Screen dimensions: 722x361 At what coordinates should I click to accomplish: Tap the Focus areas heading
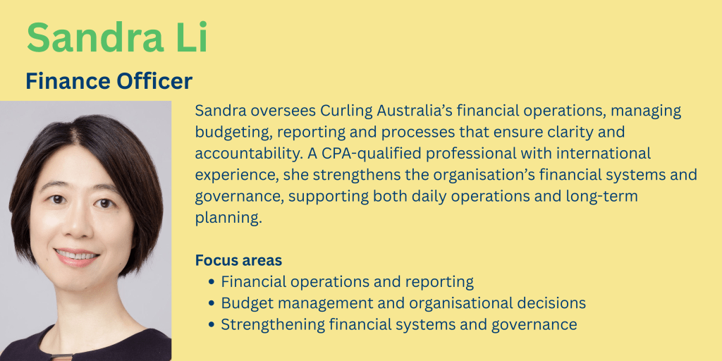click(x=238, y=260)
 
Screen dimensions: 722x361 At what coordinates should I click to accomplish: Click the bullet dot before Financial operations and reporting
click(x=212, y=282)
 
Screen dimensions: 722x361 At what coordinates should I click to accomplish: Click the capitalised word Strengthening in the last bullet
click(x=273, y=325)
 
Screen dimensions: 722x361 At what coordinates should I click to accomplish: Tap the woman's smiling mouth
click(x=76, y=255)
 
